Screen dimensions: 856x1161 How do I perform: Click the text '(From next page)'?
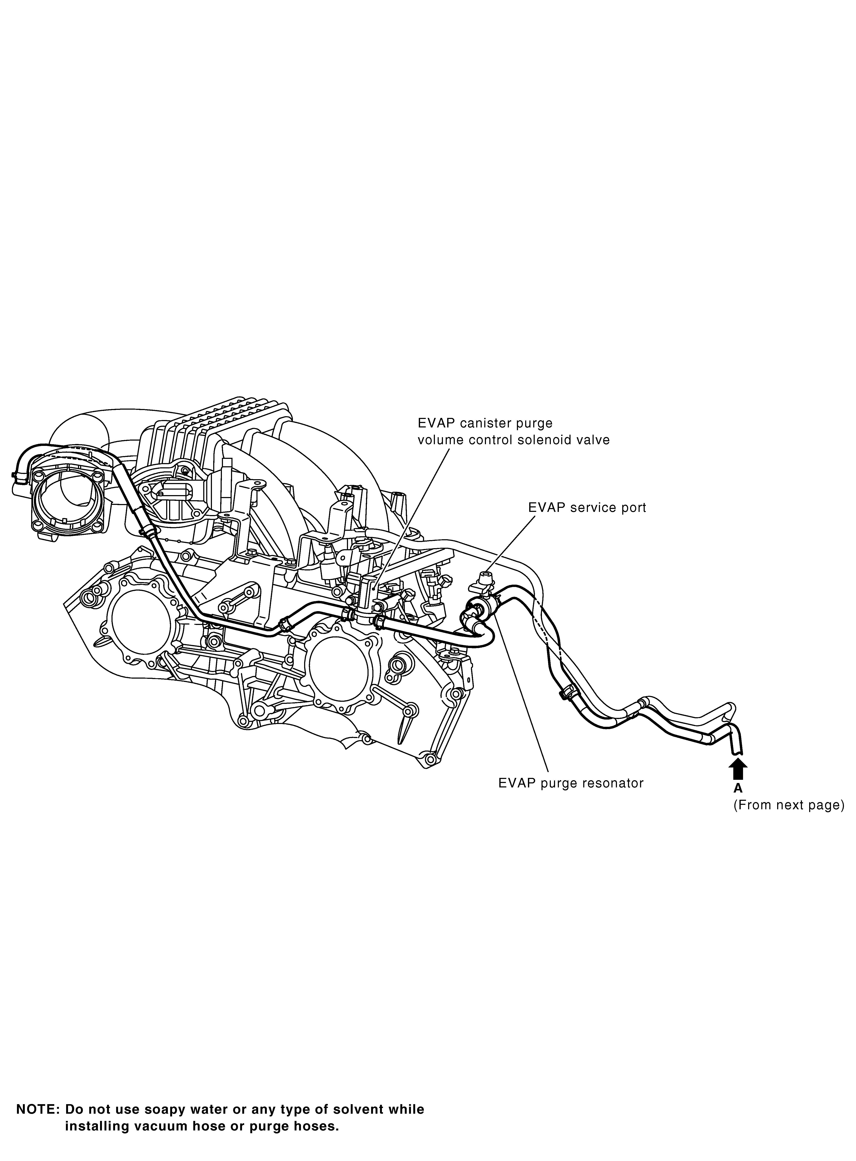pos(789,805)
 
